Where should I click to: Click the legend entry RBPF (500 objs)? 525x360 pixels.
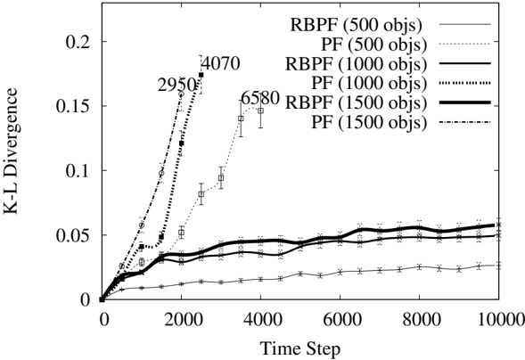coord(356,24)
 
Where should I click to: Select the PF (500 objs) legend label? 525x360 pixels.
coord(374,45)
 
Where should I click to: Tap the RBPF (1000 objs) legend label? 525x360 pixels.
coord(357,63)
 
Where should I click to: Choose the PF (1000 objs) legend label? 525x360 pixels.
coord(369,83)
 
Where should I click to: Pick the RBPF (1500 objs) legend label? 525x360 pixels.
coord(357,102)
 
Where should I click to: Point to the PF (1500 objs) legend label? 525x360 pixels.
coord(369,122)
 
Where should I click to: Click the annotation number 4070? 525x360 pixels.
coord(221,63)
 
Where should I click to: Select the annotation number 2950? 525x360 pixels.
coord(176,86)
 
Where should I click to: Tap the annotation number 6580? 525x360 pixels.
coord(259,98)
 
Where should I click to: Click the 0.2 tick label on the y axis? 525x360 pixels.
coord(78,42)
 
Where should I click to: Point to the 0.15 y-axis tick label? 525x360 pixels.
coord(73,106)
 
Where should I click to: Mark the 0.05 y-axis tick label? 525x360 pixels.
coord(73,235)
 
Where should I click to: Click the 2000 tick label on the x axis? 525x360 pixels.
coord(181,320)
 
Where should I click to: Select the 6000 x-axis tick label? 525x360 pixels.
coord(340,320)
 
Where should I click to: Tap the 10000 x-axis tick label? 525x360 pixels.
coord(501,320)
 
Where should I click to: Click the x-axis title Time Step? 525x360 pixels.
coord(300,348)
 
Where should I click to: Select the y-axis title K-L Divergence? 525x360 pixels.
coord(11,151)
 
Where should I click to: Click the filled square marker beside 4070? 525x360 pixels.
coord(201,75)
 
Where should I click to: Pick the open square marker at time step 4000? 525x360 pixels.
coord(260,110)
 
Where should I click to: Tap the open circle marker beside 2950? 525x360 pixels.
coord(181,94)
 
